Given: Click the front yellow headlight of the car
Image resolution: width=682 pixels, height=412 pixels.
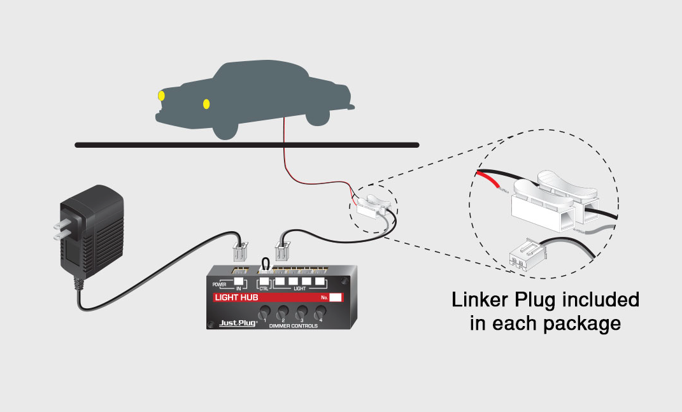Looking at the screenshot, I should (x=161, y=96).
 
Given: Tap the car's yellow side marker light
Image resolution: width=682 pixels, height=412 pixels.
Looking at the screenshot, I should (x=206, y=103).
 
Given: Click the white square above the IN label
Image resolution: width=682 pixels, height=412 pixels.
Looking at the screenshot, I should (x=238, y=281).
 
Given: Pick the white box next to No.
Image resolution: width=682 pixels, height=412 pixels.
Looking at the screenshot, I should (x=336, y=297).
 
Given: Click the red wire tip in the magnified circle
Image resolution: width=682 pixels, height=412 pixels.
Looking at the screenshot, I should (x=494, y=181).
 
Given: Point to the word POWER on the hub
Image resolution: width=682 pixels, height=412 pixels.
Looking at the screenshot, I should (x=220, y=284).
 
